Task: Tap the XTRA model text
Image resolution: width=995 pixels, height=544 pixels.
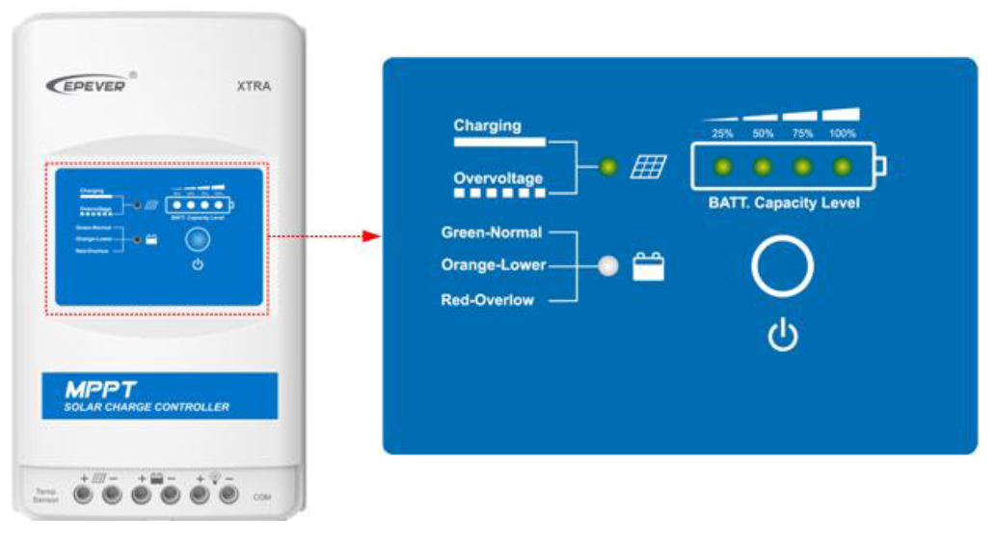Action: coord(254,86)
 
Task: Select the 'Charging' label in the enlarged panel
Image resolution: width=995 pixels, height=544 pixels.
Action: coord(487,125)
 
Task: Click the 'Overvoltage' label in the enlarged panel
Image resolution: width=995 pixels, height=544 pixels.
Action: coord(498,178)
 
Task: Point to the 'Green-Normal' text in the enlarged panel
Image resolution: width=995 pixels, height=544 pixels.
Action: coord(492,232)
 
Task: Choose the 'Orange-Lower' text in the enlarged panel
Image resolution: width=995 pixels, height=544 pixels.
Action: coord(494,265)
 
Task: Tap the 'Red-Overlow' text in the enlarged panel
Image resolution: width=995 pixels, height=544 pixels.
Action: coord(487,300)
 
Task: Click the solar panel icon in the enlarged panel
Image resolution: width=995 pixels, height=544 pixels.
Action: coord(648,168)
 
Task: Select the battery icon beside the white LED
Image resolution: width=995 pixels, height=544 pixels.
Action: coord(648,267)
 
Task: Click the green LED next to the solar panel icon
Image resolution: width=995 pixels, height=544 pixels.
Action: coord(607,168)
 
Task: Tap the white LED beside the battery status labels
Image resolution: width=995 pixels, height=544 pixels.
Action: coord(607,267)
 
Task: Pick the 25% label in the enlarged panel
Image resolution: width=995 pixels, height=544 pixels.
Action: coord(722,134)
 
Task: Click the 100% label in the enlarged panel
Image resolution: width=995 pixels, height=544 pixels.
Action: coord(843,134)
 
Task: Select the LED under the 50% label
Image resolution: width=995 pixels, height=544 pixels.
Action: coord(763,168)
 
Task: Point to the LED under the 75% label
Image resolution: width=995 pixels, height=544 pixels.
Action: coord(803,168)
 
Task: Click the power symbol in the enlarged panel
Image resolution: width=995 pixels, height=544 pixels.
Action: coord(782,336)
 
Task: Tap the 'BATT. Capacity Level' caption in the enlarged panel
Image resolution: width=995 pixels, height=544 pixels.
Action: coord(784,204)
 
